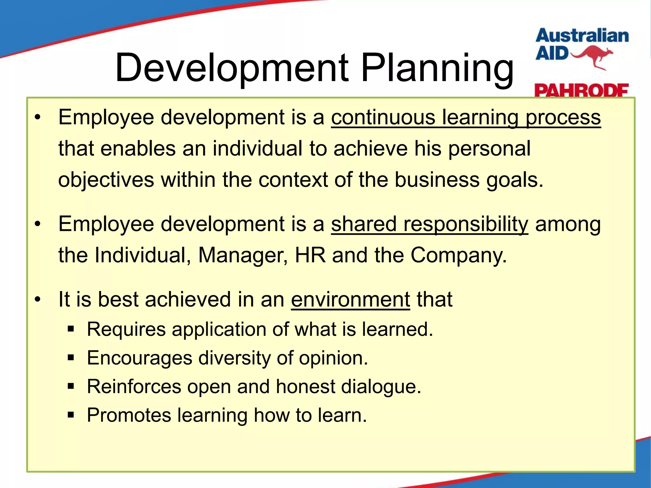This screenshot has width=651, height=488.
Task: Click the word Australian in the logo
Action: (582, 36)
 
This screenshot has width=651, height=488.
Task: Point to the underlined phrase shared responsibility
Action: (429, 224)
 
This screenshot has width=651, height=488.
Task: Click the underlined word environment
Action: (350, 299)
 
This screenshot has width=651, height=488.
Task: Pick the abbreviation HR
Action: (310, 255)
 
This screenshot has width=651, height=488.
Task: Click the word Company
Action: (458, 255)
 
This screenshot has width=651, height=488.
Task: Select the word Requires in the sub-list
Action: (126, 329)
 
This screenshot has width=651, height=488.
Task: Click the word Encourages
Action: (140, 358)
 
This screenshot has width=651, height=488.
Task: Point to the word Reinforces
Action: (134, 387)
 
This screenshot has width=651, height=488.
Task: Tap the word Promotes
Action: (129, 415)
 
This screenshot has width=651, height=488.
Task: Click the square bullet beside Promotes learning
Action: (71, 415)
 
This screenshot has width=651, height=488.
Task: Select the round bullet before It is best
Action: (38, 300)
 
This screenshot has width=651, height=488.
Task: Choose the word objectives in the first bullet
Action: (106, 180)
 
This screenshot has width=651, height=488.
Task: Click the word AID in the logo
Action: (552, 53)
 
